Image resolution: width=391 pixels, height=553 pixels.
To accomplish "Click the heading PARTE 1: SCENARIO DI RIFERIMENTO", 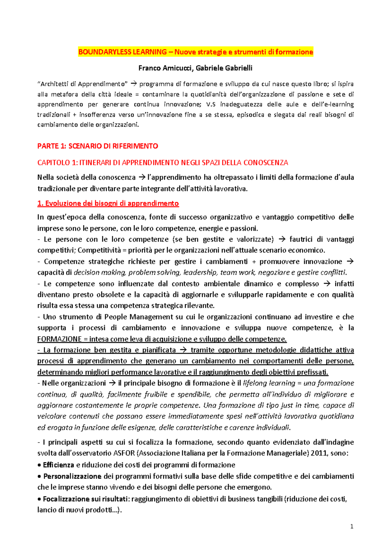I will point(98,146).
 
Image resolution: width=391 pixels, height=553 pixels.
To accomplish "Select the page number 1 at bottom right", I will point(352,526).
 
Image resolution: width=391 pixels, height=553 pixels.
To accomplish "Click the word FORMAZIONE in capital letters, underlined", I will point(59,339).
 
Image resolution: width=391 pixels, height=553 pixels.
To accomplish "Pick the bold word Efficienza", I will point(59,465).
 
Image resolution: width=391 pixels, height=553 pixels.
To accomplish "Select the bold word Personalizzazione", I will point(72,476).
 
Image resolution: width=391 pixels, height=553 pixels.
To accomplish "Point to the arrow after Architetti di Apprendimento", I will point(134,84).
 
